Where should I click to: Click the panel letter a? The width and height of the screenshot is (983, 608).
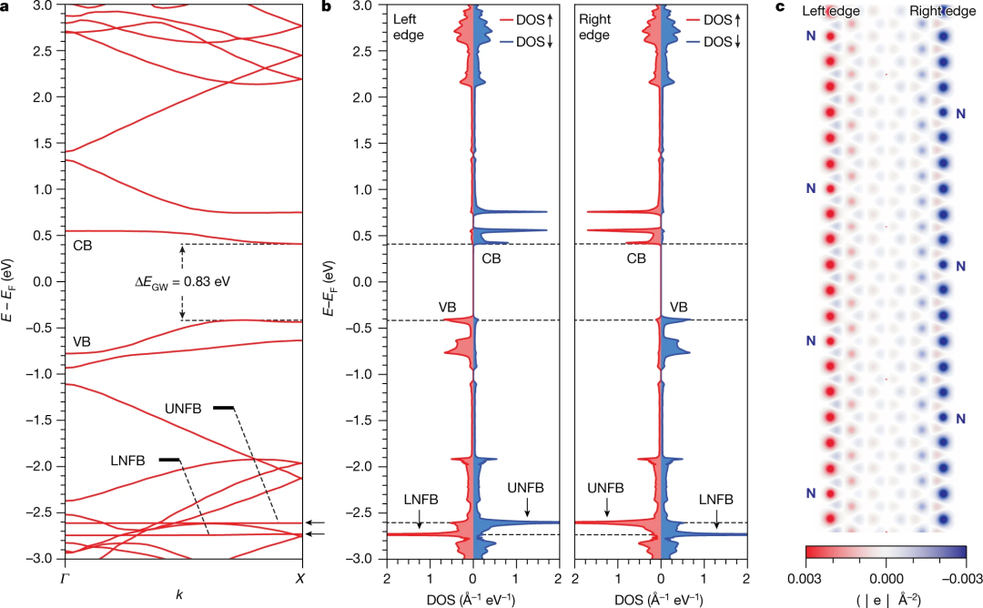pyautogui.click(x=6, y=7)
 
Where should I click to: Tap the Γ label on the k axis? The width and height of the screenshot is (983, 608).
pyautogui.click(x=64, y=578)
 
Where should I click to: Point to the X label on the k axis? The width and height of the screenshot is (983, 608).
pyautogui.click(x=301, y=578)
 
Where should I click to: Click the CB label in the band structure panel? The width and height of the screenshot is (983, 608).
pyautogui.click(x=83, y=245)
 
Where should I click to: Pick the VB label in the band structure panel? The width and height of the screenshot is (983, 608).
pyautogui.click(x=83, y=342)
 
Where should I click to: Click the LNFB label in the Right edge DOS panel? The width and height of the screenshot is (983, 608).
pyautogui.click(x=716, y=501)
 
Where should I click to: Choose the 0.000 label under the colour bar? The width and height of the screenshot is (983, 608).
pyautogui.click(x=884, y=578)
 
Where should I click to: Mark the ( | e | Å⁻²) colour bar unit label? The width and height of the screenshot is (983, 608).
pyautogui.click(x=884, y=600)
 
